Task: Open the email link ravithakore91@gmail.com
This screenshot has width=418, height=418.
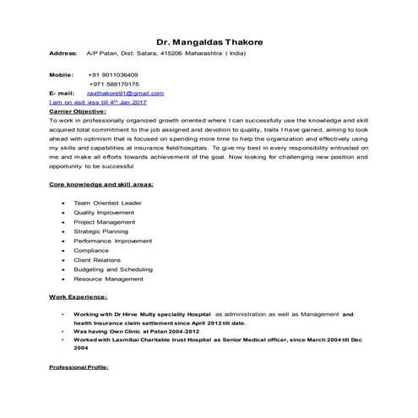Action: (x=126, y=93)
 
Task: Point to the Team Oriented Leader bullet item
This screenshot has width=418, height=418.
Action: (x=107, y=204)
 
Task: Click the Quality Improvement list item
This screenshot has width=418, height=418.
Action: (x=104, y=213)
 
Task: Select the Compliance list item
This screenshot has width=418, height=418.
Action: (x=91, y=251)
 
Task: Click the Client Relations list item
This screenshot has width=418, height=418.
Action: (x=98, y=260)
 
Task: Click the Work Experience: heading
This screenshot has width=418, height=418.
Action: (x=78, y=298)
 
